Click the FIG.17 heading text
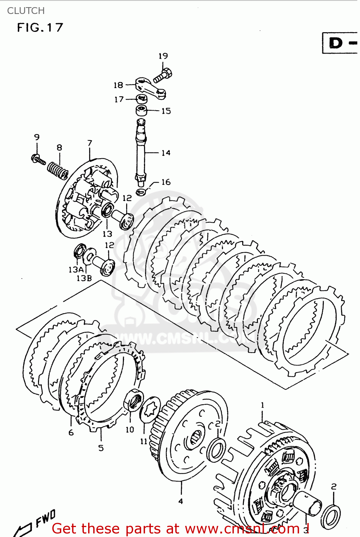40,28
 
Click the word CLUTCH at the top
26,11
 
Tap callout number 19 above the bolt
163,56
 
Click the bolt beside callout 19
163,76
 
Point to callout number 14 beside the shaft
165,153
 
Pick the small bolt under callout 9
38,159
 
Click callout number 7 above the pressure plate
90,143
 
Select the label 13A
76,270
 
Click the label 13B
84,278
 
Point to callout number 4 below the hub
181,501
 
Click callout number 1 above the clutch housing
262,405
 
